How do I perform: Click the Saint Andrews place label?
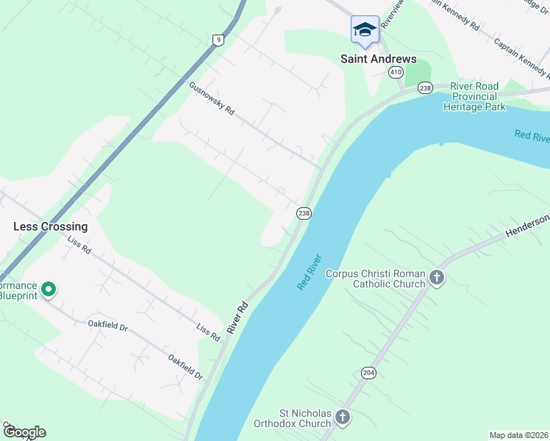(378, 59)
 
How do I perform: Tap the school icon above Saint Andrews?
(365, 30)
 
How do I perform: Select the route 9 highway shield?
(218, 40)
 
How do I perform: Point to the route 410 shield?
(396, 72)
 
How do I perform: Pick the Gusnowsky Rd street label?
(211, 98)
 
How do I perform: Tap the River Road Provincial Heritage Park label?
(474, 96)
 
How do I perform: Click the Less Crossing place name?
(50, 226)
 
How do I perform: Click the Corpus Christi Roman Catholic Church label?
(375, 279)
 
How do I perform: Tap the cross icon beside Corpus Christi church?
(438, 278)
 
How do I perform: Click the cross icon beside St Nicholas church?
(342, 418)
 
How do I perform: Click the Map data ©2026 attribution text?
(519, 435)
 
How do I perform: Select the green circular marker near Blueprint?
(49, 290)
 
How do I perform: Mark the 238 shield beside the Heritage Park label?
(424, 88)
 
